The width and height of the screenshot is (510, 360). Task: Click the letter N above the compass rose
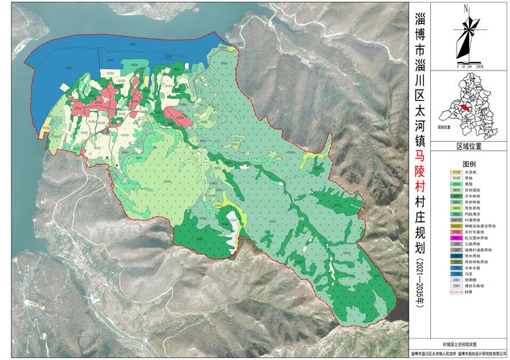click(x=466, y=9)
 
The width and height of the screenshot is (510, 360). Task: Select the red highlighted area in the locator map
click(x=465, y=107)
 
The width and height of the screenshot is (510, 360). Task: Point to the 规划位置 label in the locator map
click(x=451, y=131)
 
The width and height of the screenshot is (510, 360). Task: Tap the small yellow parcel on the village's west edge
click(x=46, y=132)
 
